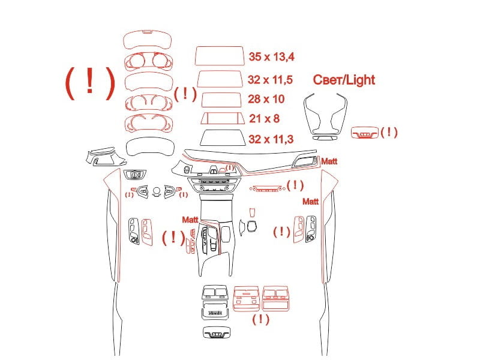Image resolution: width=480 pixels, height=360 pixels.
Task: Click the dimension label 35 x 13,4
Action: coord(271,56)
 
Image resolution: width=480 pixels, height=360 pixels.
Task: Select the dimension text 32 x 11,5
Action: coord(270,80)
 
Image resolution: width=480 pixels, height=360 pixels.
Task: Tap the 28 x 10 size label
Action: coord(266,99)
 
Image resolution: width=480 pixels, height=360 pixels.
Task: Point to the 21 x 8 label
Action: coord(264,118)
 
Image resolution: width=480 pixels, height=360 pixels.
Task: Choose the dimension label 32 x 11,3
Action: coord(271,139)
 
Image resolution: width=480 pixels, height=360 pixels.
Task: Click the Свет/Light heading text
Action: coord(344,80)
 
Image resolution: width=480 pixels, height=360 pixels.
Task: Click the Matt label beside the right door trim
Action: coord(310,202)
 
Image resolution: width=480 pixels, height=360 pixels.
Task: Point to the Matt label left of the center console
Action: coord(190,220)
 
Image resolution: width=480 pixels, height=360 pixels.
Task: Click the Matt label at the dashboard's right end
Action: coord(329,161)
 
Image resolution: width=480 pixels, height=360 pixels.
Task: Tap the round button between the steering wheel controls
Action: coord(157,191)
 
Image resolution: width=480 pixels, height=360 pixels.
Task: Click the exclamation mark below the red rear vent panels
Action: coord(260,319)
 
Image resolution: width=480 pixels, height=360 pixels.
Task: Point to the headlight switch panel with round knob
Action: coord(134,175)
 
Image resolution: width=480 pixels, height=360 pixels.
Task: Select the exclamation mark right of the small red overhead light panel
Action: coord(389,132)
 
